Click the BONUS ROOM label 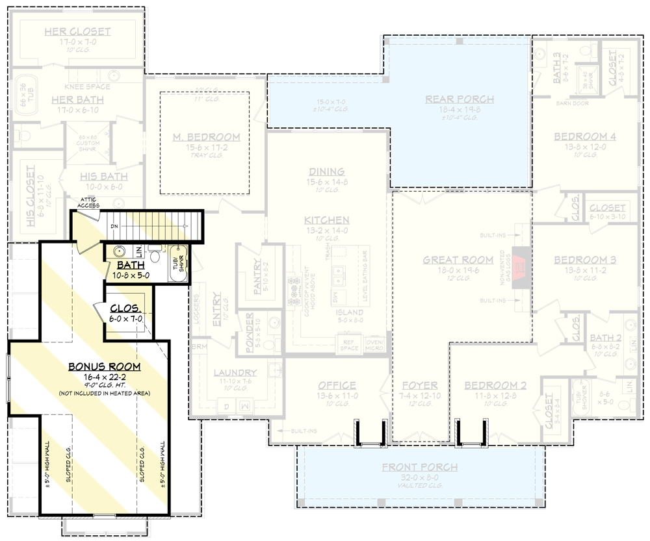(104, 367)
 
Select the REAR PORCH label (460, 99)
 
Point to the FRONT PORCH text (419, 467)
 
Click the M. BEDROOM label (206, 137)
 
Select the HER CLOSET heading (77, 31)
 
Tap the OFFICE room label (336, 385)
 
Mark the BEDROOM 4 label (585, 136)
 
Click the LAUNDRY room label (235, 373)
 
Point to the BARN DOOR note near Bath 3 (572, 103)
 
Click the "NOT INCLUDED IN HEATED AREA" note (104, 394)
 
